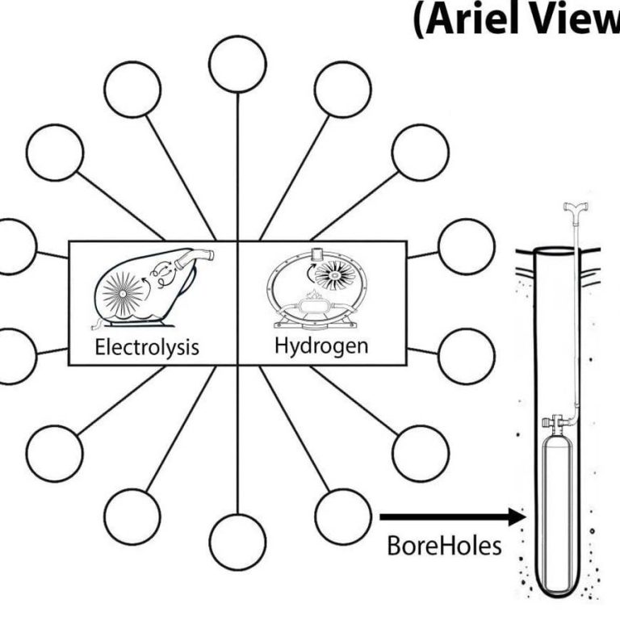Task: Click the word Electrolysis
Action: (146, 348)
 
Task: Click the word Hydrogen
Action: (321, 347)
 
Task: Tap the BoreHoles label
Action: (443, 546)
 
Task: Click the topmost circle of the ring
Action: (237, 64)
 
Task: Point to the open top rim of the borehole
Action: (556, 247)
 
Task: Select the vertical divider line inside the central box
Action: (238, 303)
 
